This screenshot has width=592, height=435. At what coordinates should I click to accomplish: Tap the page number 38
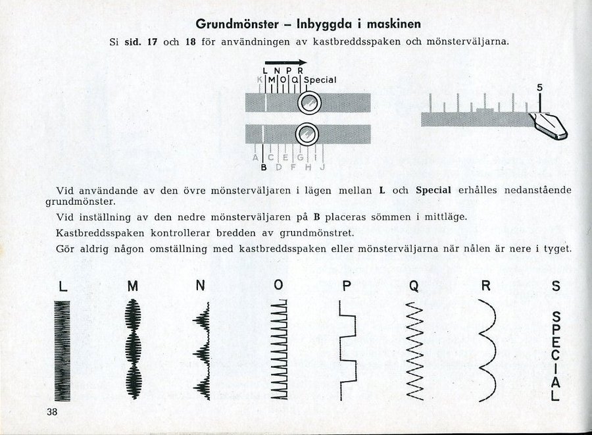pos(53,413)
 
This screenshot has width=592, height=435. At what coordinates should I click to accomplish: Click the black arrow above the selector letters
pos(285,61)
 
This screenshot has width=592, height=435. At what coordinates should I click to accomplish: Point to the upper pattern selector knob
pos(307,103)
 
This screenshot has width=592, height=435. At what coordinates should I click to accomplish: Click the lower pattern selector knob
pos(305,134)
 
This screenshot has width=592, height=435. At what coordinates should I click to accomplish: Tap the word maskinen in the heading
pos(391,24)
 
